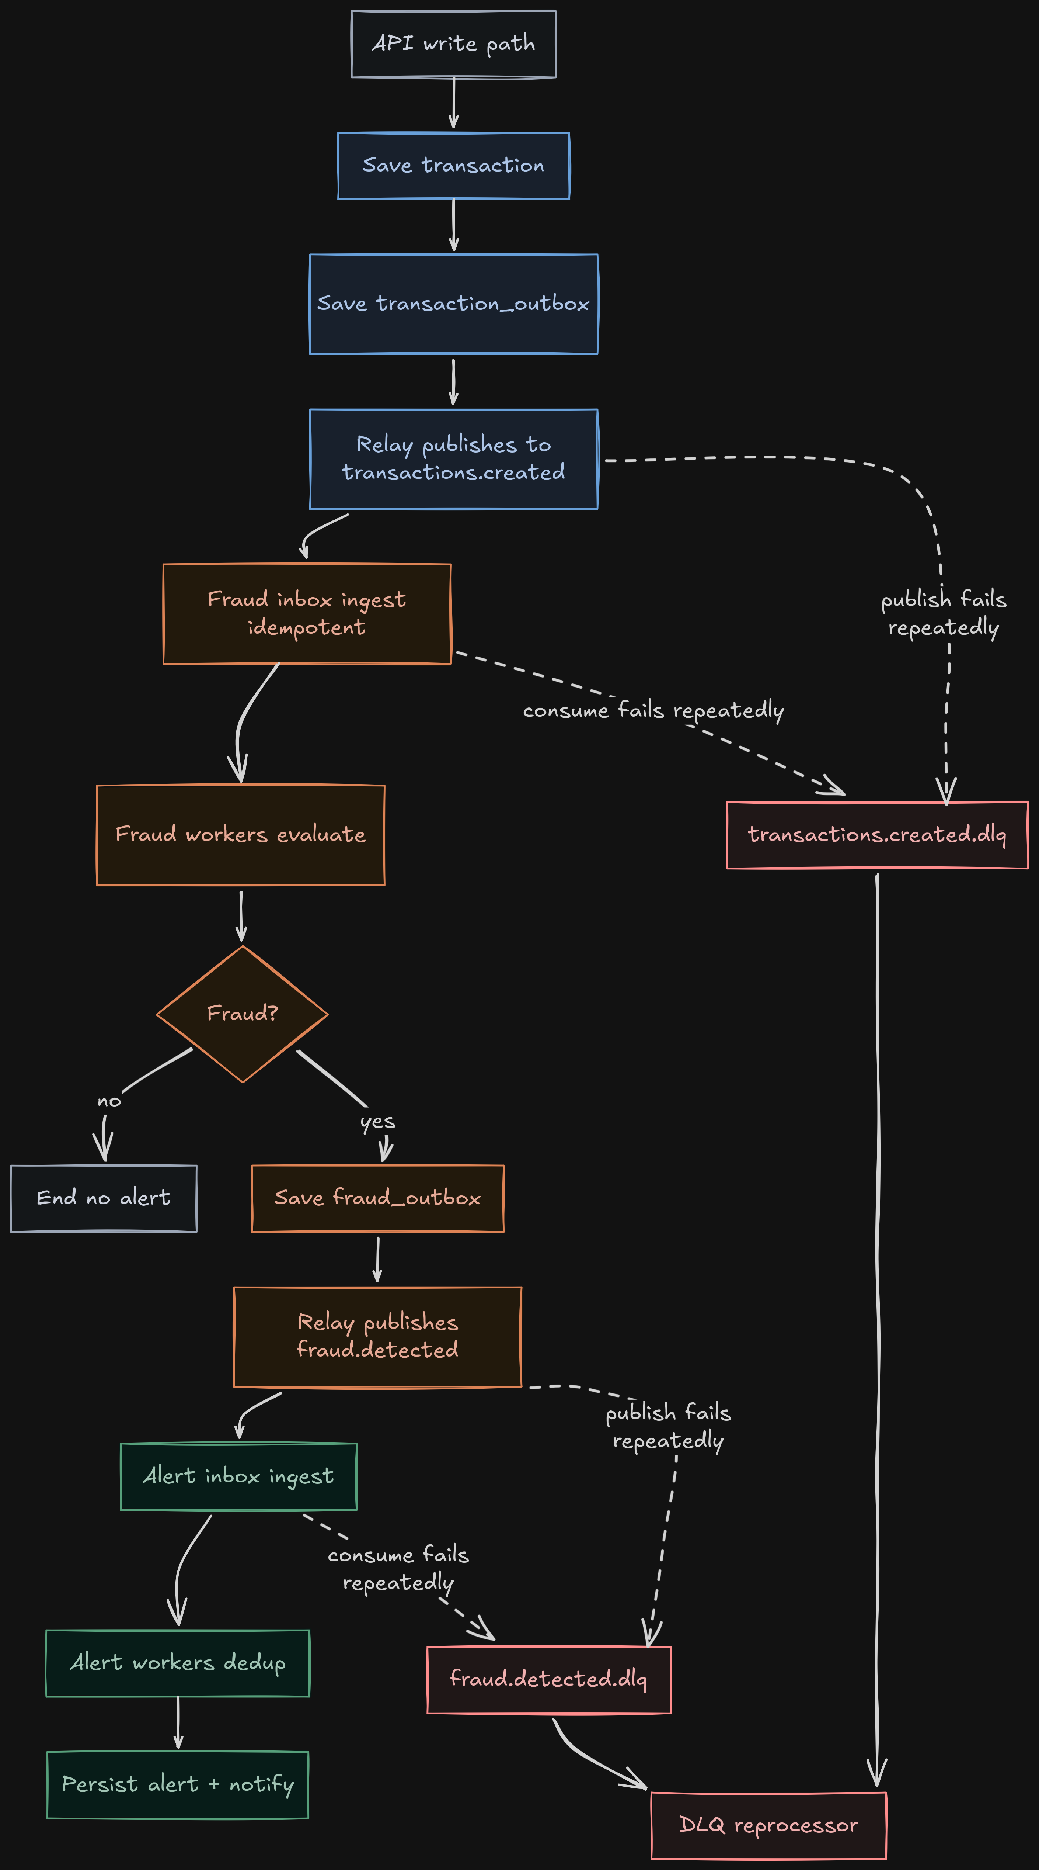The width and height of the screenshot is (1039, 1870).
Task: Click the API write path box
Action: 453,44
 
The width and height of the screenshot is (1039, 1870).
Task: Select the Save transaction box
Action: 453,166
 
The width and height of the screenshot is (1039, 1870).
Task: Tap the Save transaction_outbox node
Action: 453,304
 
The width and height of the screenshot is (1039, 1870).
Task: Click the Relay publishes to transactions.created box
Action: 453,459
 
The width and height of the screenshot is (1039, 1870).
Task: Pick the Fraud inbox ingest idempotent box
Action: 307,613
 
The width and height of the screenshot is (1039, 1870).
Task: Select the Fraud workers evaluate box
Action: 240,835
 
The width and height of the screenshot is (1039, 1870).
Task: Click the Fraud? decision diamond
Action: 243,1014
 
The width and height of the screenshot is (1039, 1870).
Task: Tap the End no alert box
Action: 104,1198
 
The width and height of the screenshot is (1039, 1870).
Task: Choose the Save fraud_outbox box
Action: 377,1198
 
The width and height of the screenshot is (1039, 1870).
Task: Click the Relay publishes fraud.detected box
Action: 377,1336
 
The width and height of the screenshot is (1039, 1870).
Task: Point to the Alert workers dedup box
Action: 178,1662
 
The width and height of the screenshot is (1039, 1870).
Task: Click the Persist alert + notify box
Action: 178,1784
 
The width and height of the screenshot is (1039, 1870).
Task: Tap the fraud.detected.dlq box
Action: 548,1679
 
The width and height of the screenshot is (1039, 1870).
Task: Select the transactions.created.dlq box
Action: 877,835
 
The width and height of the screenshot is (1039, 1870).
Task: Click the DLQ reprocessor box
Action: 768,1825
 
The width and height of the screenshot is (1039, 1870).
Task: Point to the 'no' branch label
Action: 109,1101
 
